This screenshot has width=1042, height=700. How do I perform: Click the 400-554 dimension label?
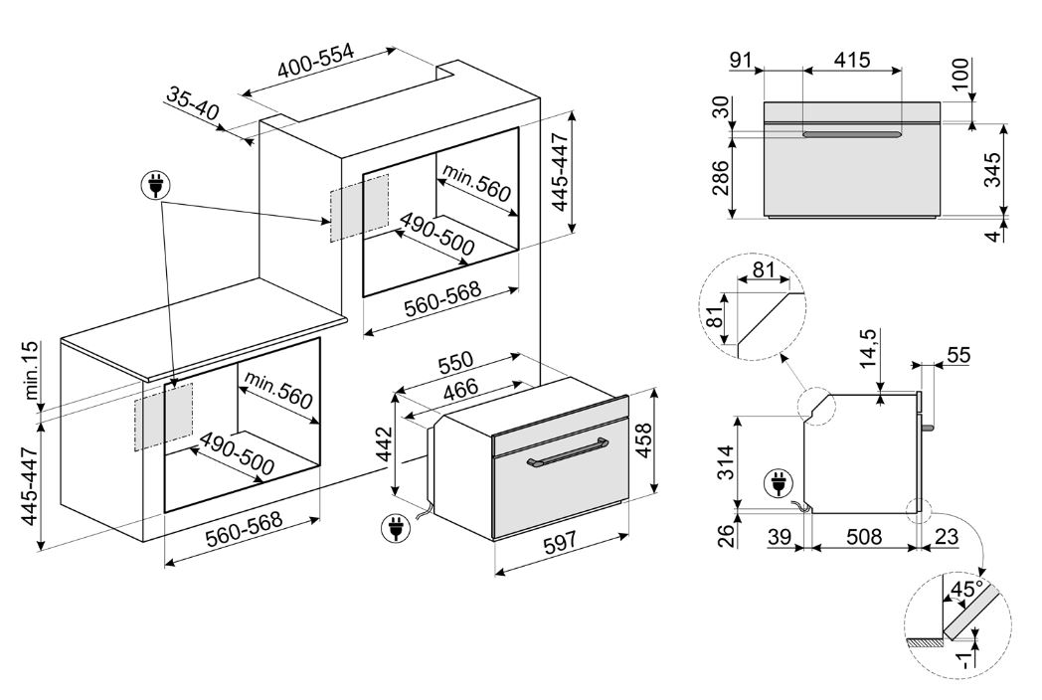point(316,62)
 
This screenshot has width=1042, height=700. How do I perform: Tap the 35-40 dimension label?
point(192,103)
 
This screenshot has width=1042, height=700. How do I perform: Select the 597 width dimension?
point(560,544)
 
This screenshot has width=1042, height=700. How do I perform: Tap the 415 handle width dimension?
point(852,60)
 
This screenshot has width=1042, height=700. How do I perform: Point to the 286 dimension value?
point(720,178)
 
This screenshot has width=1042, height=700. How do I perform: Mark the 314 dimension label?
point(727,462)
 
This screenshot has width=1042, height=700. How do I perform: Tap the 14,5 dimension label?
point(869,348)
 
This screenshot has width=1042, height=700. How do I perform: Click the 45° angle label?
point(967,589)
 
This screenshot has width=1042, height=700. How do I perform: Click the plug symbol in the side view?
point(778,483)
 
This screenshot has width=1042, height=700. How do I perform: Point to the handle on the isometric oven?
point(566,451)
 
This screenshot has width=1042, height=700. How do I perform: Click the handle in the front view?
point(852,135)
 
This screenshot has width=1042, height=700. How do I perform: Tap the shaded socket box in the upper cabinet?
point(359,208)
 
